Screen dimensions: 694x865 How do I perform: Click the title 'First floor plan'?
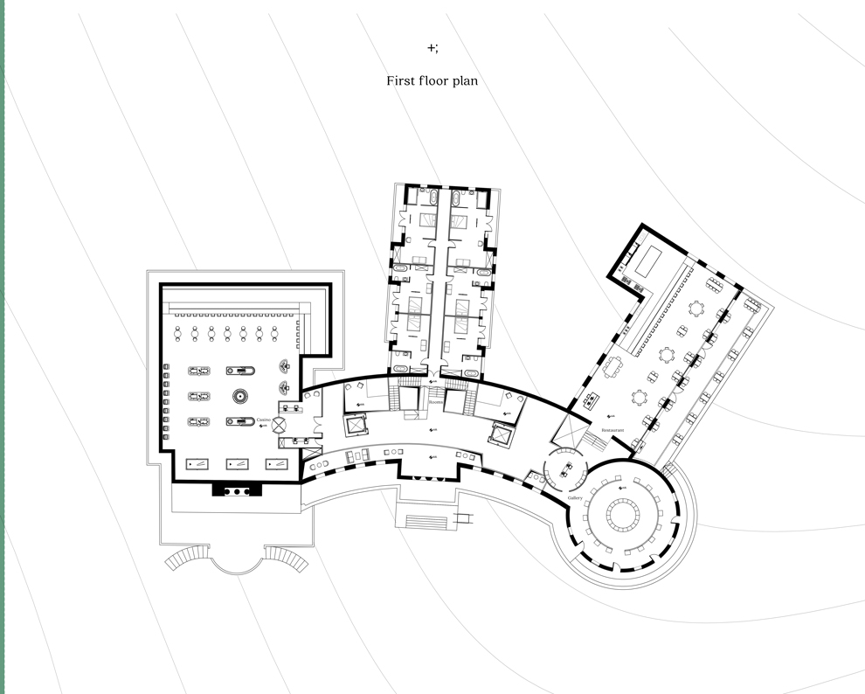click(432, 80)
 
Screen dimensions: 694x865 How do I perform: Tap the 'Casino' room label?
click(263, 420)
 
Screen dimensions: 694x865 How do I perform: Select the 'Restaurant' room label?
click(612, 430)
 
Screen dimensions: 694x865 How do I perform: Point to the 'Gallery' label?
click(575, 497)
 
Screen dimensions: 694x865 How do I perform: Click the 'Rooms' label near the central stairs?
click(434, 402)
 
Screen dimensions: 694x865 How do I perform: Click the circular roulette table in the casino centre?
click(241, 396)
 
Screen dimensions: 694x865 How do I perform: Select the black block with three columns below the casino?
click(237, 490)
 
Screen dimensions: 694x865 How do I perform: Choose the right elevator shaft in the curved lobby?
click(502, 433)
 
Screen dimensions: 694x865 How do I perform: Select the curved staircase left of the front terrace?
click(185, 558)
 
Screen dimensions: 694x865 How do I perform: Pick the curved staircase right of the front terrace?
click(288, 558)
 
